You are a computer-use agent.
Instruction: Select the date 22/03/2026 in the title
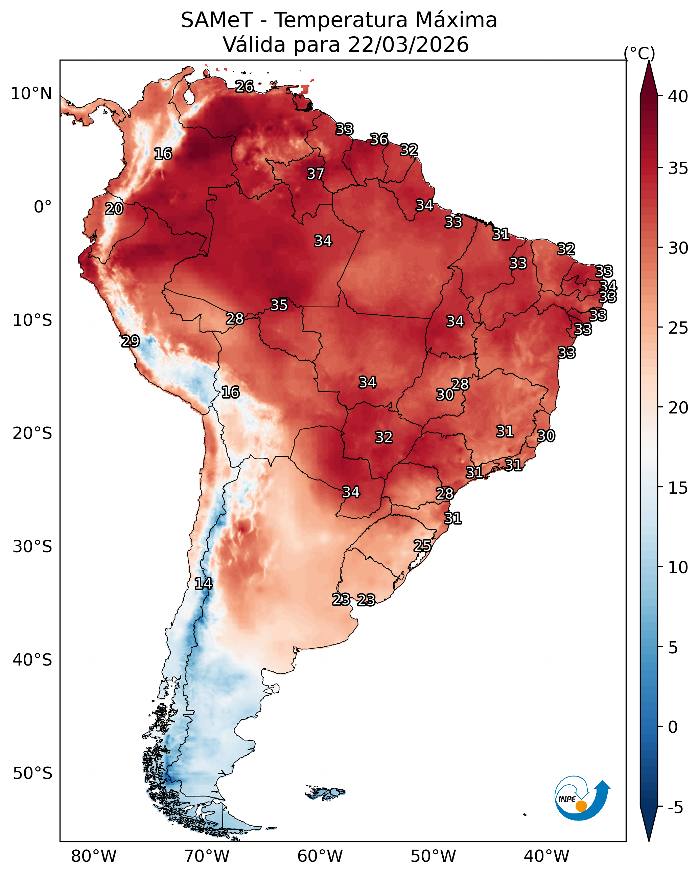[408, 45]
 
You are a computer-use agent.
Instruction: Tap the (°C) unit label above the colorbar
[639, 53]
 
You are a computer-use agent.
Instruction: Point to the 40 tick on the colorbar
[678, 96]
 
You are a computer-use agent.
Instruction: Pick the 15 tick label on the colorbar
[678, 488]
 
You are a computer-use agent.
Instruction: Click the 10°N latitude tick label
[31, 94]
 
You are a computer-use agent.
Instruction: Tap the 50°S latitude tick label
[32, 773]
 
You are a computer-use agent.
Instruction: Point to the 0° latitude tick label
[43, 207]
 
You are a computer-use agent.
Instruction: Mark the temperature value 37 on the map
[315, 174]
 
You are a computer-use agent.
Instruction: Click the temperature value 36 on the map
[379, 140]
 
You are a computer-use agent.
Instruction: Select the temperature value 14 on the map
[203, 584]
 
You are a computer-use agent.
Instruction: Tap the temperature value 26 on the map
[244, 86]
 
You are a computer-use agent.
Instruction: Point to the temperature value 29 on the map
[130, 341]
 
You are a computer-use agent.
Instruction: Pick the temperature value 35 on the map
[279, 305]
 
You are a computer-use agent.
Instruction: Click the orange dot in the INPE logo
[581, 806]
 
